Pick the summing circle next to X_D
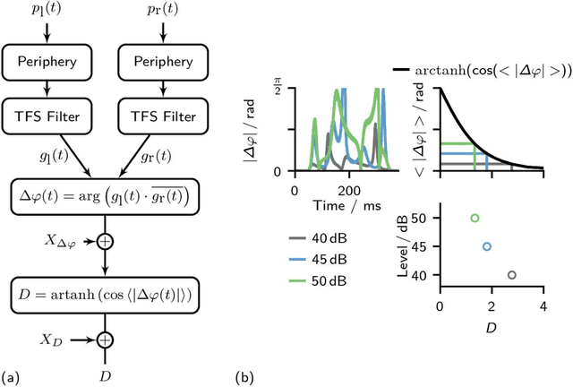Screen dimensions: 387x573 coord(106,340)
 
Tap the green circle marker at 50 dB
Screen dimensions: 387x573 coord(475,218)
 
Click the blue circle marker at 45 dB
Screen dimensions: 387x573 coord(486,246)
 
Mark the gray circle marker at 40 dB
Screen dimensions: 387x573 coord(511,275)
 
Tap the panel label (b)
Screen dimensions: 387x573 coord(244,376)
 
